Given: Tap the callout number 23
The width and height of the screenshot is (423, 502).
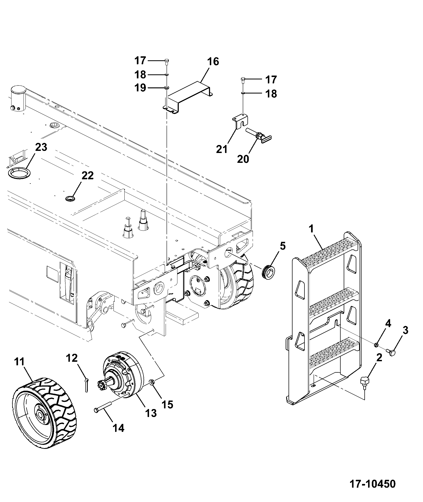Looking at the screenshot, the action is coord(41,147).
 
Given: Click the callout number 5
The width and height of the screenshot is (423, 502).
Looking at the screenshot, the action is coord(283,246).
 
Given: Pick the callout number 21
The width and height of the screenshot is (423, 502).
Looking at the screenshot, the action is coord(222,149).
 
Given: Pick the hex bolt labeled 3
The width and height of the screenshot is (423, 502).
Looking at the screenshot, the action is coord(391,352).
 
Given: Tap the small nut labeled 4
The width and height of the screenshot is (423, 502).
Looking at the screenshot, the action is coord(376,345).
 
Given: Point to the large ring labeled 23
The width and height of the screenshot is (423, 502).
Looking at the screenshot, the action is coord(18,174).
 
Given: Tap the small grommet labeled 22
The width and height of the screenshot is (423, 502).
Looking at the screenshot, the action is coord(70,198).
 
